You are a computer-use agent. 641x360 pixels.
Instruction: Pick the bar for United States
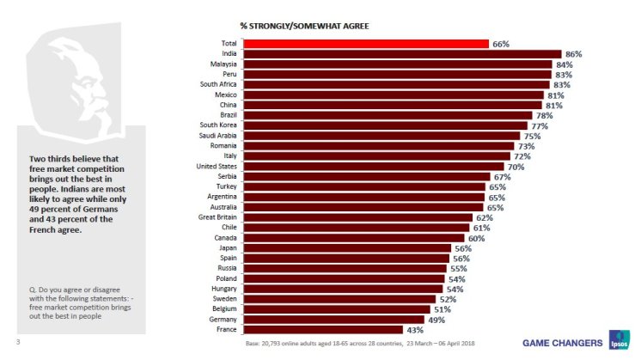pyautogui.click(x=373, y=166)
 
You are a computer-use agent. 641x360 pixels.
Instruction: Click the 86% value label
pyautogui.click(x=573, y=54)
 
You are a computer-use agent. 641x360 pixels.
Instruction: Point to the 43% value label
pyautogui.click(x=414, y=329)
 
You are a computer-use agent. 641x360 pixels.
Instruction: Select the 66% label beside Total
pyautogui.click(x=501, y=44)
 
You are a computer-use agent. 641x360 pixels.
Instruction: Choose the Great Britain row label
pyautogui.click(x=217, y=217)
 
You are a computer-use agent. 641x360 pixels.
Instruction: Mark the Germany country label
pyautogui.click(x=223, y=319)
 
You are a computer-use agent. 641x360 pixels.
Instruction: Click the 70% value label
pyautogui.click(x=516, y=166)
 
